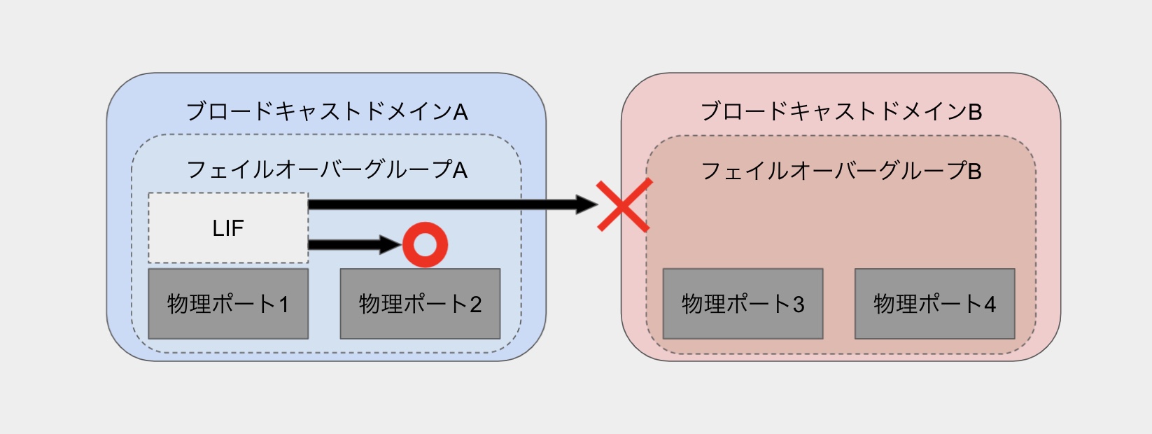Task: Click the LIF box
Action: click(228, 228)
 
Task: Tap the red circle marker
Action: click(425, 245)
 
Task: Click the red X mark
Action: click(624, 205)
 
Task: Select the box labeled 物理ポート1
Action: click(228, 304)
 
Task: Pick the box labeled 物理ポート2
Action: click(420, 304)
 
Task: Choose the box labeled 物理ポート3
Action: click(743, 304)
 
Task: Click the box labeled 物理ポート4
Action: click(934, 304)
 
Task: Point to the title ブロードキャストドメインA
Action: click(326, 111)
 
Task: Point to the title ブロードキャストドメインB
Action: click(841, 111)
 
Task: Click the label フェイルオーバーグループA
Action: click(326, 170)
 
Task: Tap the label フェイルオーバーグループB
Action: click(841, 170)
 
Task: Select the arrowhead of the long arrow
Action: click(586, 204)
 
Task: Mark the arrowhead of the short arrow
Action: click(390, 245)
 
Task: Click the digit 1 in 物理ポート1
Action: click(283, 304)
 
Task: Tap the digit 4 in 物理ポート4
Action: click(990, 304)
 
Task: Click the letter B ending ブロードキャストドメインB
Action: click(975, 112)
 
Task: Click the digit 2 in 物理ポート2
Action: click(475, 304)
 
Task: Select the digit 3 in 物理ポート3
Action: click(798, 304)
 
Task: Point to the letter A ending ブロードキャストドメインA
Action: click(460, 112)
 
